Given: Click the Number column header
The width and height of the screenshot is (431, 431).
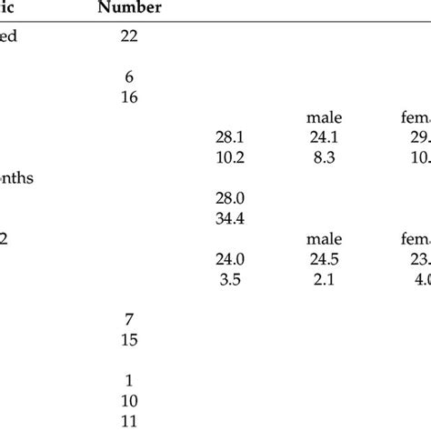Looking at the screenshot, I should coord(131,8).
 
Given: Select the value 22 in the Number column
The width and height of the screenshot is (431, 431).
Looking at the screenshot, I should coord(128,36).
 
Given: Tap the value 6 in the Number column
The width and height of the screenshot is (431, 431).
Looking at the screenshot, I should coord(128,79).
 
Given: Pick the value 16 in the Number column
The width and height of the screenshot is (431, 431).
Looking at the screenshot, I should coord(128,97).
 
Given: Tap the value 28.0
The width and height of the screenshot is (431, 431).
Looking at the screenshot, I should coord(229,198).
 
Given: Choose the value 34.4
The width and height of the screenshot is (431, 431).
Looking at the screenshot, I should coord(229,218).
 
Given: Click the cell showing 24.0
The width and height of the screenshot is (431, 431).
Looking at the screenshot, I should coord(229,258).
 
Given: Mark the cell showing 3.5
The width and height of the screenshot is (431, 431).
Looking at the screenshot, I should coord(229,278).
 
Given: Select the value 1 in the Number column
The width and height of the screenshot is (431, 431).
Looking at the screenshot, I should coord(128,380).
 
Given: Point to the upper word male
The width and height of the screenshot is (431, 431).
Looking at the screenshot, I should coord(324,117).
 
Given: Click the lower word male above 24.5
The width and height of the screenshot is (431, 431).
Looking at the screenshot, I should coord(324,239).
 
